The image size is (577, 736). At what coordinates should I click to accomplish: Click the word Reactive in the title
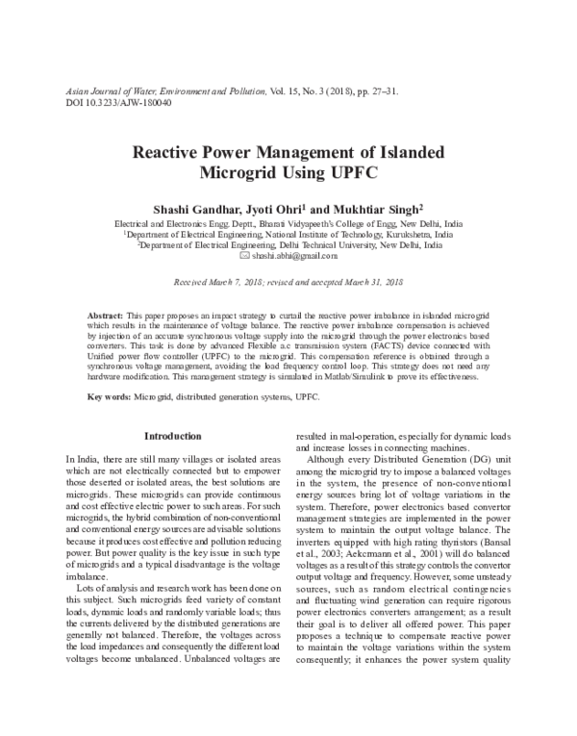[166, 155]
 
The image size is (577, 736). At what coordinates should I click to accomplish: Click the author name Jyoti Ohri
[274, 208]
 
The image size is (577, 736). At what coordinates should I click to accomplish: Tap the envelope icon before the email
[243, 257]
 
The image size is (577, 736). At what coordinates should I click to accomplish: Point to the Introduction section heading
[165, 436]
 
